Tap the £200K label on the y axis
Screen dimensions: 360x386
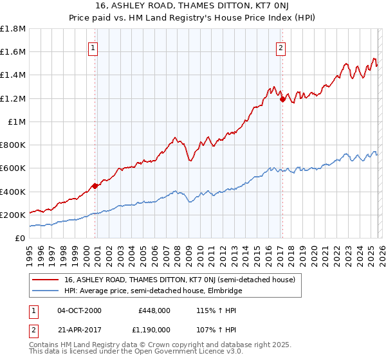pyautogui.click(x=13, y=215)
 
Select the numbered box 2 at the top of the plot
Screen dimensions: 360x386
pyautogui.click(x=282, y=47)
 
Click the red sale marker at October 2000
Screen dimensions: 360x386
pyautogui.click(x=95, y=186)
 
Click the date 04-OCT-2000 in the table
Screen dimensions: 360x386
pyautogui.click(x=79, y=310)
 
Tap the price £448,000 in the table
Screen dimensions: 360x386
pyautogui.click(x=154, y=310)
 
